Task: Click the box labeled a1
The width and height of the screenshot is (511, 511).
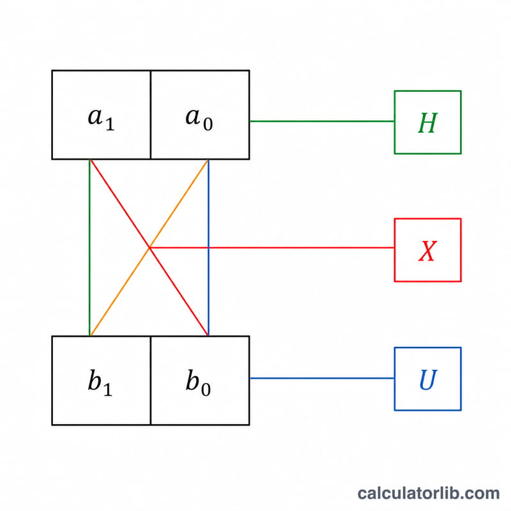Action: (x=102, y=115)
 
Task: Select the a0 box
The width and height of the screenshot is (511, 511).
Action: (x=200, y=115)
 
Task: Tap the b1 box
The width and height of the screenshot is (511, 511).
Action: (x=102, y=380)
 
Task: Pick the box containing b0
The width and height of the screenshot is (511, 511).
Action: (x=200, y=380)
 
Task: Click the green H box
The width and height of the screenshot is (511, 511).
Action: (x=427, y=122)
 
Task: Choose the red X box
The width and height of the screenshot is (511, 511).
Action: (x=427, y=250)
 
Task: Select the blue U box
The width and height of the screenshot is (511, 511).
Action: (x=427, y=379)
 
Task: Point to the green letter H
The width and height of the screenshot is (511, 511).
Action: (x=427, y=123)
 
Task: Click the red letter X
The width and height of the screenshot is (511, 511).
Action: (x=427, y=250)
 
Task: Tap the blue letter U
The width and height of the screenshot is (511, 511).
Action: (x=428, y=379)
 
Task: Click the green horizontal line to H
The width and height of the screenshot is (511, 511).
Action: (x=322, y=121)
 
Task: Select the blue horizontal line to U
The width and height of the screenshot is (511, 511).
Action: (x=322, y=378)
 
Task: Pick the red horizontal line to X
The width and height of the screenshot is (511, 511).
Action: (x=272, y=248)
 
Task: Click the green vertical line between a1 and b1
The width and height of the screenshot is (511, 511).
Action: (x=89, y=248)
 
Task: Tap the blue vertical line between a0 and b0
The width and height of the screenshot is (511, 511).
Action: (x=208, y=248)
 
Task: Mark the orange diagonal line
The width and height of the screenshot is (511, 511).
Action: (x=149, y=248)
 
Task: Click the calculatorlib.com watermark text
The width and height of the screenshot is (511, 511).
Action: (x=428, y=493)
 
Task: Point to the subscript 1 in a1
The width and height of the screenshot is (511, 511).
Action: (x=110, y=124)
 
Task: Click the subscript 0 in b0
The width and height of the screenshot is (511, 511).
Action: (x=206, y=390)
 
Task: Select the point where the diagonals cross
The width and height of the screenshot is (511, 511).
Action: (x=149, y=248)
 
